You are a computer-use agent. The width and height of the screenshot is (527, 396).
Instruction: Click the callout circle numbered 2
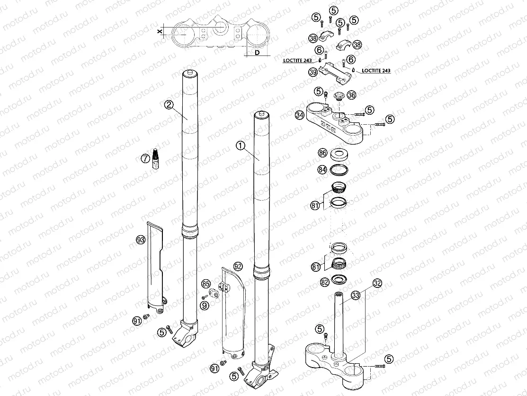(x=169, y=105)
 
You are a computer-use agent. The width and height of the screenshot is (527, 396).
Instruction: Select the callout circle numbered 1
(x=241, y=146)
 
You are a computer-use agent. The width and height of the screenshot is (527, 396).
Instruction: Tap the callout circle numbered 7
(x=145, y=158)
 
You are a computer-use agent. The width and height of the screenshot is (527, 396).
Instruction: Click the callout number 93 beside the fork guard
(x=141, y=240)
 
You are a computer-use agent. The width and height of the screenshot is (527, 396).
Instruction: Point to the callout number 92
(x=238, y=266)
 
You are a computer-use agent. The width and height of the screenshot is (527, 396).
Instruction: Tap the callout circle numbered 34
(x=299, y=115)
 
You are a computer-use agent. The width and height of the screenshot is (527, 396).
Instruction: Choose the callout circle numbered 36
(x=351, y=95)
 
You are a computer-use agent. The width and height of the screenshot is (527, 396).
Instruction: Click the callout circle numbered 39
(x=313, y=72)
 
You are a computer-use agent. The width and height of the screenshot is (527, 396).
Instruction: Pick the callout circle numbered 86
(x=322, y=153)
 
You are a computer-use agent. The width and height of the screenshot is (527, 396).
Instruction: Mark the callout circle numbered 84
(x=322, y=169)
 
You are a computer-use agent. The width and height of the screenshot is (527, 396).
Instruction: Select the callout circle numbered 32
(x=377, y=284)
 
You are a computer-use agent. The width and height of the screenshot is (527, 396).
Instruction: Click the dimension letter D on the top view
(x=257, y=53)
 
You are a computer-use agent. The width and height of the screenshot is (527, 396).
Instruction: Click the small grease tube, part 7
(x=156, y=158)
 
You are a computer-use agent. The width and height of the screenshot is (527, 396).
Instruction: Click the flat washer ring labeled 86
(x=339, y=153)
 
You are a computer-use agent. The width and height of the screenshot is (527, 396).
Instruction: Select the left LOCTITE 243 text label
(x=297, y=60)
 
